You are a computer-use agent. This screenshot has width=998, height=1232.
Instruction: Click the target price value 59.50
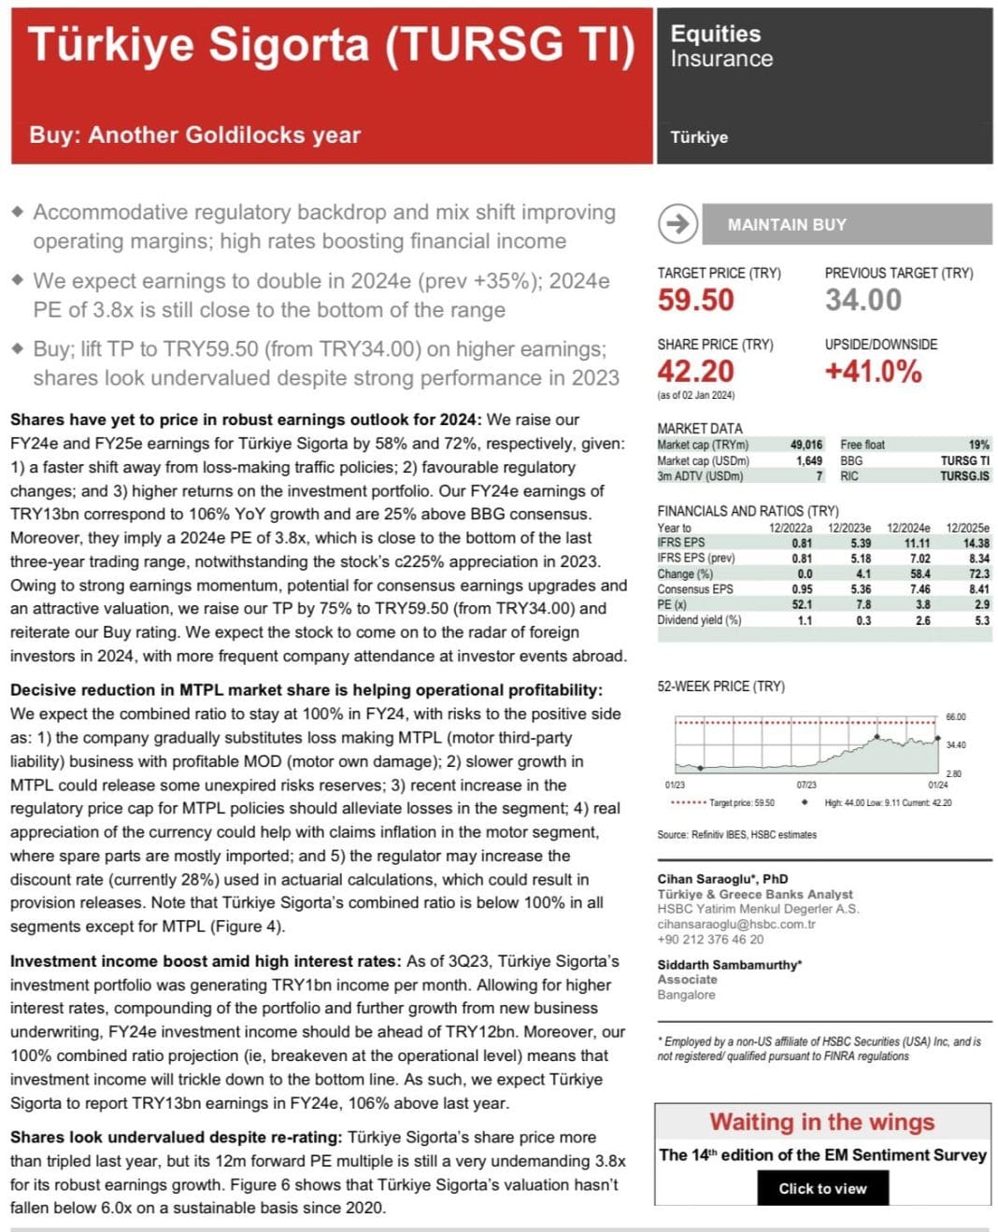coord(695,301)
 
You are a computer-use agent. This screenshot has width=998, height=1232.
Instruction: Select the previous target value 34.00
coord(863,301)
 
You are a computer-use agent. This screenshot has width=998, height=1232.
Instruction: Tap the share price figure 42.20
coord(695,372)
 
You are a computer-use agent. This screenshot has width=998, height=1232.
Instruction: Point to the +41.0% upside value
coord(873,372)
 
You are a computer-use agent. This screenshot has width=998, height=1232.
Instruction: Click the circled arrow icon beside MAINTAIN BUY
coord(677,224)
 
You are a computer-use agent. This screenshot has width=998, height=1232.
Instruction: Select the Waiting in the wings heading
coord(821,1122)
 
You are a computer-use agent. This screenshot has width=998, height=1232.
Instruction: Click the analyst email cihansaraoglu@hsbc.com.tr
coord(735,924)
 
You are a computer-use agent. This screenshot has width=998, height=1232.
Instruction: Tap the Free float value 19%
coord(978,445)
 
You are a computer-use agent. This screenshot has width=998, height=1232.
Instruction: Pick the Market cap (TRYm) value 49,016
coord(806,445)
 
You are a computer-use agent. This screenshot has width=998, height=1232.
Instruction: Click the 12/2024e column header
coord(908,528)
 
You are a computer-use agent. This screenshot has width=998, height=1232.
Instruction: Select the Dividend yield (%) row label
coord(698,620)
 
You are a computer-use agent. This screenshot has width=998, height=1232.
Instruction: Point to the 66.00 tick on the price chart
coord(956,717)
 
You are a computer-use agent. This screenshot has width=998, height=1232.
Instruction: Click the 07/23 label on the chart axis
coord(806,786)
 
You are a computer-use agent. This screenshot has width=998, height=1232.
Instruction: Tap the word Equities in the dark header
coord(715,34)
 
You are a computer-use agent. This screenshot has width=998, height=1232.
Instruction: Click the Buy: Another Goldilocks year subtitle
coord(194,135)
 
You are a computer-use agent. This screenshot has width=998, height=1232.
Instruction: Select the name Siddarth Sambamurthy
coord(729,965)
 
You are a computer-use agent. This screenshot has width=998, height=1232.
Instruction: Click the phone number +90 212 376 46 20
coord(710,940)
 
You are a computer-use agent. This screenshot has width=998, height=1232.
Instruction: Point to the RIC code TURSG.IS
coord(964,476)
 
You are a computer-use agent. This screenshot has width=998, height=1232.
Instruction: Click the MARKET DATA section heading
coord(699,429)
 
